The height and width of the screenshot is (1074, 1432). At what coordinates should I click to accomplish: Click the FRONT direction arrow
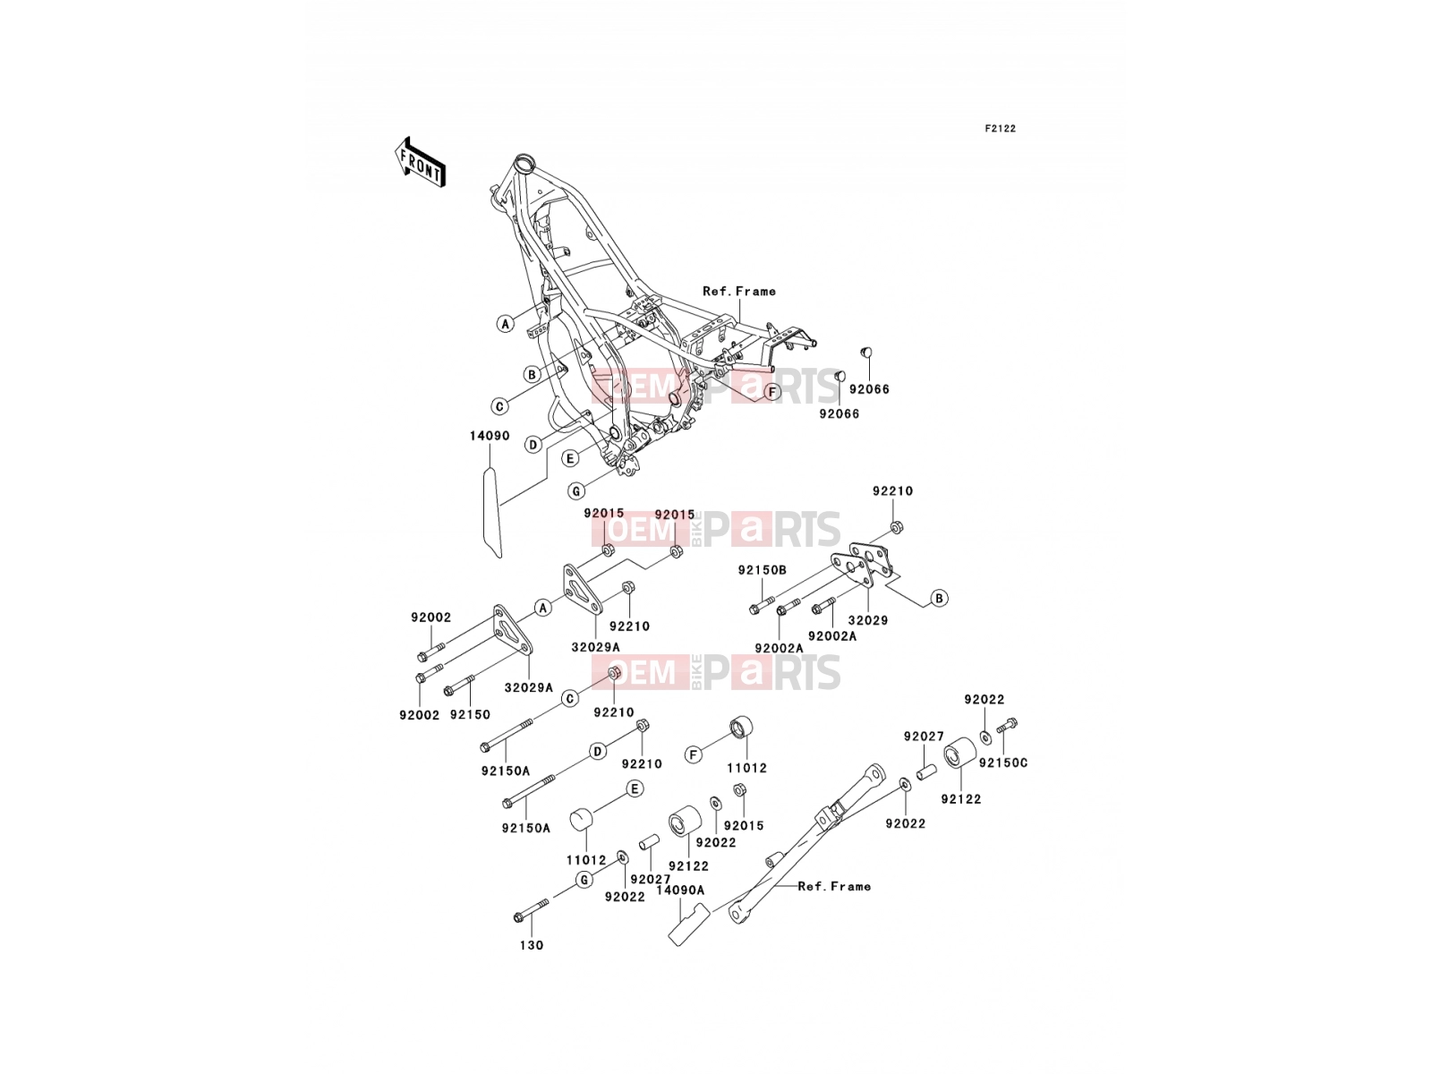(420, 163)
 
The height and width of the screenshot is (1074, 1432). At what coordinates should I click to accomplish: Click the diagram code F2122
(1000, 129)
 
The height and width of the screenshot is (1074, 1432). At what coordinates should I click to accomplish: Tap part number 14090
(490, 436)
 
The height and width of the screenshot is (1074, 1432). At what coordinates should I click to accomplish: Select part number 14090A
(680, 891)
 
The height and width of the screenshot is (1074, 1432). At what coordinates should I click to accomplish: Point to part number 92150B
(762, 570)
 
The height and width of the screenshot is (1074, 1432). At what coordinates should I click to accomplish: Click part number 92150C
(1003, 763)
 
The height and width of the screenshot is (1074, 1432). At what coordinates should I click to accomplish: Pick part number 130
(532, 945)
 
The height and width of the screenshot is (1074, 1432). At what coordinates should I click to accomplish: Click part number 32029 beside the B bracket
(867, 620)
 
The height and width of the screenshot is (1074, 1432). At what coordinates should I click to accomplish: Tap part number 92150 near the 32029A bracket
(470, 715)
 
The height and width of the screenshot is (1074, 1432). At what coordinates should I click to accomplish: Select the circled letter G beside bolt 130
(584, 881)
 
